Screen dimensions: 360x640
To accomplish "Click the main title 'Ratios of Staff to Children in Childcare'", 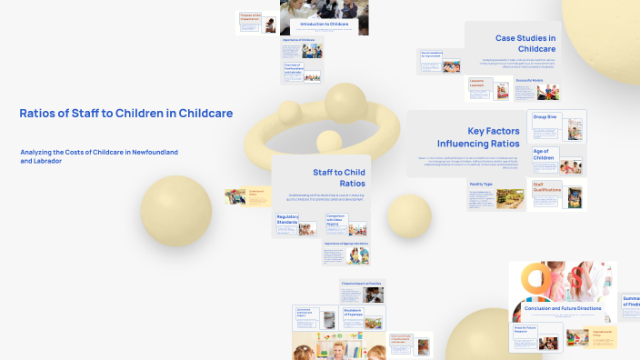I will coord(125,114).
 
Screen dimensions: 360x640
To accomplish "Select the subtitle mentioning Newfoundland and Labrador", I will coord(98,155).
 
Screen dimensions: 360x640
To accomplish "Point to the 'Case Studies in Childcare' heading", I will coord(525,43).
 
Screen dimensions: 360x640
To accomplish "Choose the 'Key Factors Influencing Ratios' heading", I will coord(478,137).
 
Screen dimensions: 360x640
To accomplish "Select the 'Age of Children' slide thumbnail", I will coord(557,160).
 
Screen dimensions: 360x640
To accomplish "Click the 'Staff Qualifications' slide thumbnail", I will coord(557,195).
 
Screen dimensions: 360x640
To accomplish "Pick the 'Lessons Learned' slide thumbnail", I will coord(487,88).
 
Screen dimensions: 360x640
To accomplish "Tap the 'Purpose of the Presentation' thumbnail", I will coord(257,23).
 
